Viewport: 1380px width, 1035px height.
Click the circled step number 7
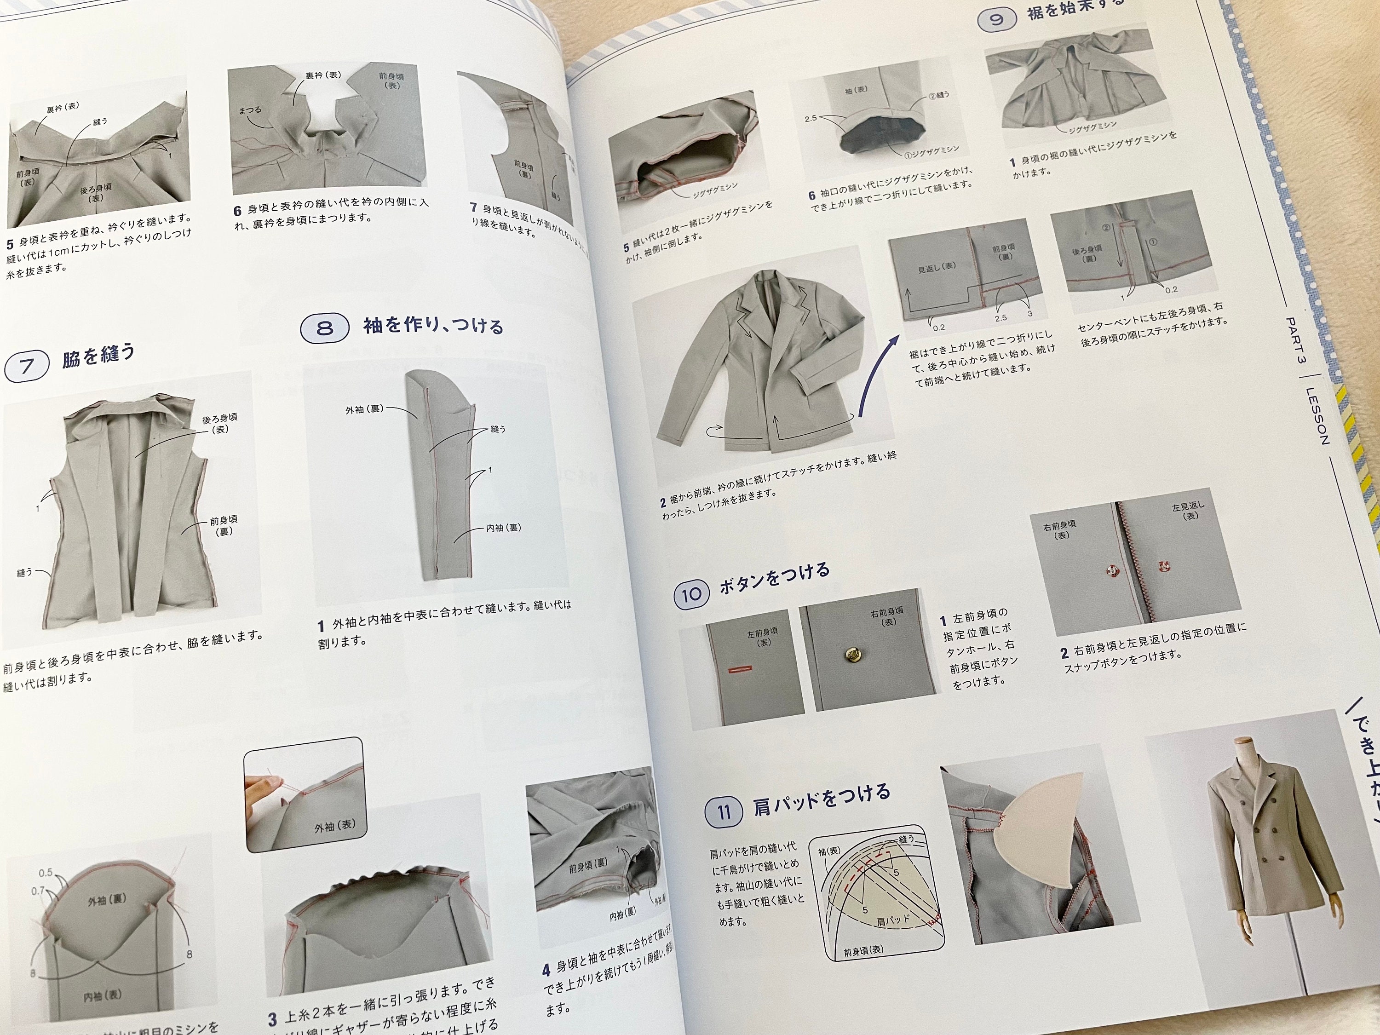click(27, 366)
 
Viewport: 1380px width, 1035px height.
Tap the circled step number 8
click(324, 328)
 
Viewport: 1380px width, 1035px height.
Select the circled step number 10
click(691, 594)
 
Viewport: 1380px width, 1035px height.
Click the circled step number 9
click(996, 19)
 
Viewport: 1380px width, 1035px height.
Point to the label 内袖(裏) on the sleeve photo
click(503, 528)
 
